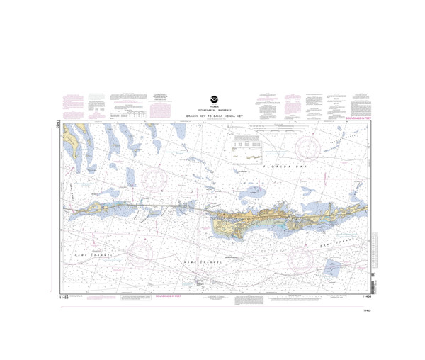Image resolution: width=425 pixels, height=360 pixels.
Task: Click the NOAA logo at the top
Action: click(x=212, y=101)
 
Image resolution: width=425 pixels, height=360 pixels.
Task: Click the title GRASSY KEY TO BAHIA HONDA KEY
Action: click(x=212, y=117)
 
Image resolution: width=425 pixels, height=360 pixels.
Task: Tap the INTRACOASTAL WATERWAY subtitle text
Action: click(x=212, y=111)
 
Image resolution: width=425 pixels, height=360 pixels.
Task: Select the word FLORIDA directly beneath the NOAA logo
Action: click(x=212, y=108)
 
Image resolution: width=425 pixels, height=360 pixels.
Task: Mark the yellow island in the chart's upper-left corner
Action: click(x=70, y=142)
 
